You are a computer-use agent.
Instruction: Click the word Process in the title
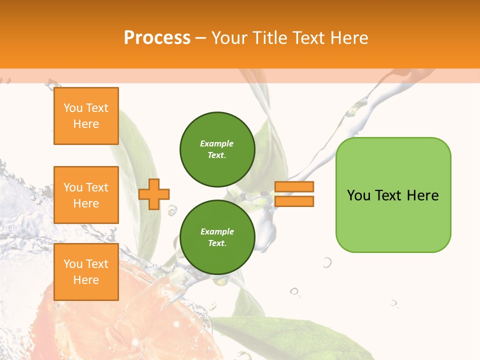click(x=157, y=38)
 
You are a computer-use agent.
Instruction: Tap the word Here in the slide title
click(x=347, y=38)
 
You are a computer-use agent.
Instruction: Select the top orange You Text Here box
click(x=86, y=116)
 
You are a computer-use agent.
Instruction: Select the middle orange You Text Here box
click(x=86, y=195)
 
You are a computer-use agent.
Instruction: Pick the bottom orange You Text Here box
click(x=86, y=272)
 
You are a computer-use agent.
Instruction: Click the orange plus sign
click(x=154, y=194)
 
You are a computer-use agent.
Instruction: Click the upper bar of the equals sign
click(x=294, y=187)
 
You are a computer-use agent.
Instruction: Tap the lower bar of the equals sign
click(x=294, y=201)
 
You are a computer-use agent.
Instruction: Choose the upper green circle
click(x=217, y=149)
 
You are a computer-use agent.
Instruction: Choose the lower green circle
click(x=217, y=237)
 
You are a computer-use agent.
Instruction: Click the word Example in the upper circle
click(x=217, y=143)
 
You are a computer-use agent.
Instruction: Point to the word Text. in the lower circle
click(x=217, y=243)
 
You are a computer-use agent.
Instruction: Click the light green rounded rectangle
click(x=393, y=220)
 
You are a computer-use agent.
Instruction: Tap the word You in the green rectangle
click(x=359, y=195)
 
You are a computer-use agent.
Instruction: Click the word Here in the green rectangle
click(x=422, y=195)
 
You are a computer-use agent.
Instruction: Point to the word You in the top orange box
click(x=73, y=108)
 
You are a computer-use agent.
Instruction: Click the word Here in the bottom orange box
click(x=86, y=280)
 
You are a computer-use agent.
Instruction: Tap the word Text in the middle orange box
click(x=97, y=187)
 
